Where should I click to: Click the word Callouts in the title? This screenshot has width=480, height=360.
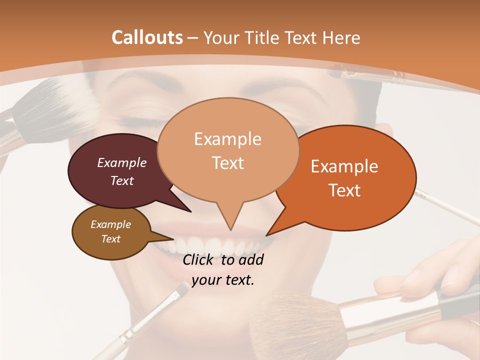tap(147, 37)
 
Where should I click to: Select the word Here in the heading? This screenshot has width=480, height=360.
tap(340, 37)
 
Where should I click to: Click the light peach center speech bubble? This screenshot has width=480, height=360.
tap(227, 150)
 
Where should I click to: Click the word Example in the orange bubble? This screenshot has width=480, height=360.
tap(344, 166)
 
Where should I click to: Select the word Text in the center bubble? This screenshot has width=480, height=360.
tap(228, 163)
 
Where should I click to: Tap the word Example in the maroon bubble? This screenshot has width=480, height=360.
tap(121, 162)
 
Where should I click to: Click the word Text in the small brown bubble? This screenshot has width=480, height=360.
tap(110, 239)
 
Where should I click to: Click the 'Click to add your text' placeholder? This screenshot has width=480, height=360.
tap(223, 269)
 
